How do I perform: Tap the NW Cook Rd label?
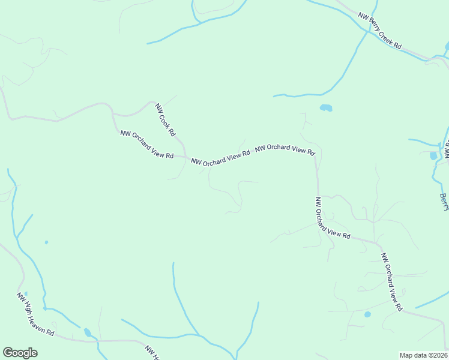[x=165, y=119]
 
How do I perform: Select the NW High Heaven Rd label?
[x=35, y=314]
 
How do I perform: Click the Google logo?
[x=20, y=353]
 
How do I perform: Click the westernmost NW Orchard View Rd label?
[x=147, y=145]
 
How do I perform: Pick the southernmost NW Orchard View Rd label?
[x=391, y=282]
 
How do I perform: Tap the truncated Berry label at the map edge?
[x=444, y=202]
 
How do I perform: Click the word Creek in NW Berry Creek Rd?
[x=384, y=34]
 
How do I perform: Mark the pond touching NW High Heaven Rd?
[x=88, y=332]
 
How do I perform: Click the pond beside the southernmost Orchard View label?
[x=367, y=314]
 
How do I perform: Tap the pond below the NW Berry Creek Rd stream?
[x=326, y=108]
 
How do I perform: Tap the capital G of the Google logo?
[x=8, y=353]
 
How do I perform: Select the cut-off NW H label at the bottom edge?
[x=151, y=353]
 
